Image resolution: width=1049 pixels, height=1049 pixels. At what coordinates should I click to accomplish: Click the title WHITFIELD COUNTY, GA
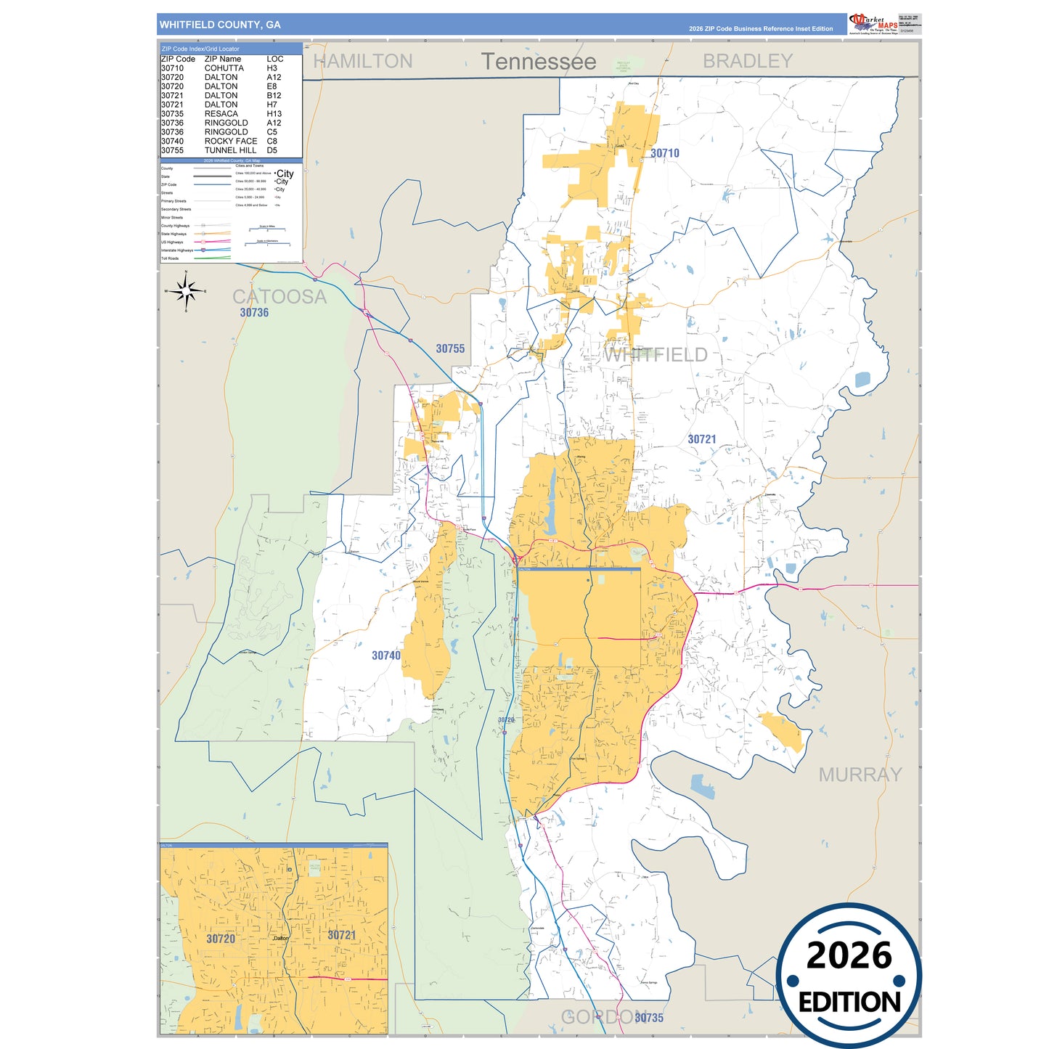220,25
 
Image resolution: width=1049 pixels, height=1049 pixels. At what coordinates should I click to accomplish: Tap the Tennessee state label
538,62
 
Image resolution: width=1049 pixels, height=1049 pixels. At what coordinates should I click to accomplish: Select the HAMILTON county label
362,61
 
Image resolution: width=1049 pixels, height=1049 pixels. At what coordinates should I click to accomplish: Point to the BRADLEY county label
747,61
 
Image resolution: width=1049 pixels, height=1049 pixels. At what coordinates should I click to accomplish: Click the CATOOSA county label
279,296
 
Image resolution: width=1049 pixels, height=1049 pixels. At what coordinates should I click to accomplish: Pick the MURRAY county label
860,775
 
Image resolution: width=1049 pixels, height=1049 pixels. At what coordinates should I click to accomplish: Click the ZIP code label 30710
664,153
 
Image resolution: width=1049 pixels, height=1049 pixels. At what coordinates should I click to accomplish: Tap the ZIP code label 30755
450,349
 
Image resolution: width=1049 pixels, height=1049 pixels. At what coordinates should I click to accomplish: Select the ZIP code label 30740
385,656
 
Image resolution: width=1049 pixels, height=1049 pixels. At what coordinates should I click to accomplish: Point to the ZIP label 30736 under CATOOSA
254,313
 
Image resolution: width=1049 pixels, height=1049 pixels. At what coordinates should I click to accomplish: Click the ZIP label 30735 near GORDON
648,1018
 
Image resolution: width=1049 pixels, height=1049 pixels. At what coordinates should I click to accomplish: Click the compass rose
186,291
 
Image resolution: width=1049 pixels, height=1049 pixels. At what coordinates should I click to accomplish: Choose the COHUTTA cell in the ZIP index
224,68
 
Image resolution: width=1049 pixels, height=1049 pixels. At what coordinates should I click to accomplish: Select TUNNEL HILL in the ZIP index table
230,150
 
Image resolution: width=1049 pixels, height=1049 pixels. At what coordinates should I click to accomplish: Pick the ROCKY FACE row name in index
230,142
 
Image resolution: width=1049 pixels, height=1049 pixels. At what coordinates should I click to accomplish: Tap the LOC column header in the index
274,59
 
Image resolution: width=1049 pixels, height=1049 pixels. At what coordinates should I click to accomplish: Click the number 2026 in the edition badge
849,955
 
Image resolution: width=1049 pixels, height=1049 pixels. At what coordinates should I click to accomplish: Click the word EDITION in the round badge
849,1003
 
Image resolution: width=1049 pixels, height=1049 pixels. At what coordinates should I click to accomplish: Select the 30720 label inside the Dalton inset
221,939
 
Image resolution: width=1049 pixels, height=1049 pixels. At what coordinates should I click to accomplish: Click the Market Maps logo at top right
873,23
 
